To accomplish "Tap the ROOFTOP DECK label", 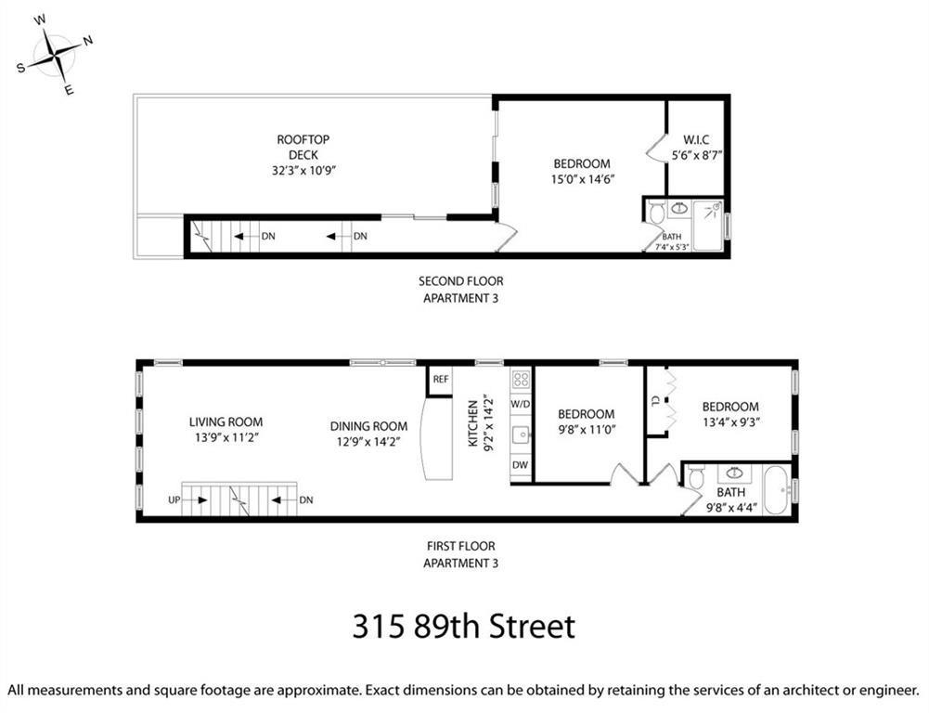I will [303, 147].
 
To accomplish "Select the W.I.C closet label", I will [697, 139].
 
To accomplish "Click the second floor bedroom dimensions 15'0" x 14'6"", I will [584, 179].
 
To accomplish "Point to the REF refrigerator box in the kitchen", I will [440, 379].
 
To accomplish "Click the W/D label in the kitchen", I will [521, 405].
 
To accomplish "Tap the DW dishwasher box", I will [521, 465].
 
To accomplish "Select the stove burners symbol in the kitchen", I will [521, 379].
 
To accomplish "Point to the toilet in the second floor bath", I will [657, 214].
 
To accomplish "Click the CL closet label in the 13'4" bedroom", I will [655, 401].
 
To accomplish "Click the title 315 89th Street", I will [463, 626].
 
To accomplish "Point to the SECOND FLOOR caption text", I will [460, 280].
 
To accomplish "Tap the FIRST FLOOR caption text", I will [460, 546].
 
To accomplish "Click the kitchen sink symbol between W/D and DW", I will [521, 434].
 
